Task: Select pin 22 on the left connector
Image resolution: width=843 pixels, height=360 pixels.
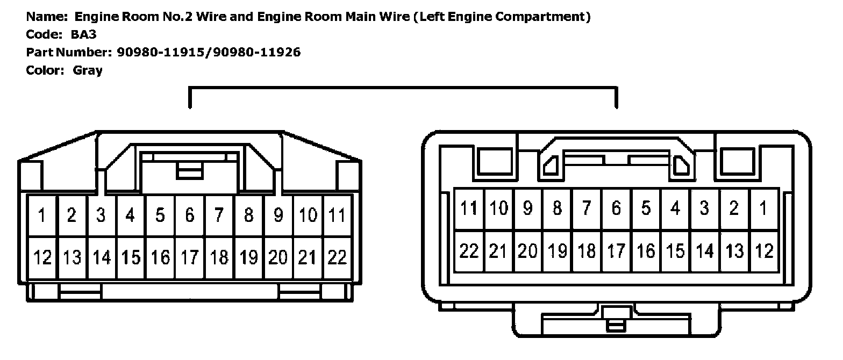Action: (x=337, y=257)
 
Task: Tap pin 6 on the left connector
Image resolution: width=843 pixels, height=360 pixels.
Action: (x=189, y=215)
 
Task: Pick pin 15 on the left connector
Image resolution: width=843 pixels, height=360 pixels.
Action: (x=130, y=257)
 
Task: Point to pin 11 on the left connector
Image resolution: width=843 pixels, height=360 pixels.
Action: (x=337, y=215)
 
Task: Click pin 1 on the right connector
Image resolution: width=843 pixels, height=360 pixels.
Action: (x=763, y=208)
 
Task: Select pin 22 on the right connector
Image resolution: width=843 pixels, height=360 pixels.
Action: (x=469, y=250)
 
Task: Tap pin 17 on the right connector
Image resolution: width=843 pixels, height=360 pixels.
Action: (x=616, y=250)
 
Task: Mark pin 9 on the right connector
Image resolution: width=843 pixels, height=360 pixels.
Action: (x=527, y=208)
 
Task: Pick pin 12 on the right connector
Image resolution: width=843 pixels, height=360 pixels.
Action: (x=763, y=250)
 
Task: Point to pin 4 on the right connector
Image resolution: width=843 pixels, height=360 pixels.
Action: (x=675, y=208)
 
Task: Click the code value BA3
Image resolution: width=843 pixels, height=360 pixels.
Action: (x=83, y=35)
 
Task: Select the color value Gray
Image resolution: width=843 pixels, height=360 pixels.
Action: (x=88, y=70)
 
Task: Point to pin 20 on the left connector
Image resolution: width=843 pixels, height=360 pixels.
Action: (x=278, y=257)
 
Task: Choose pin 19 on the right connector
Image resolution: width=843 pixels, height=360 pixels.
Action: (x=557, y=250)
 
